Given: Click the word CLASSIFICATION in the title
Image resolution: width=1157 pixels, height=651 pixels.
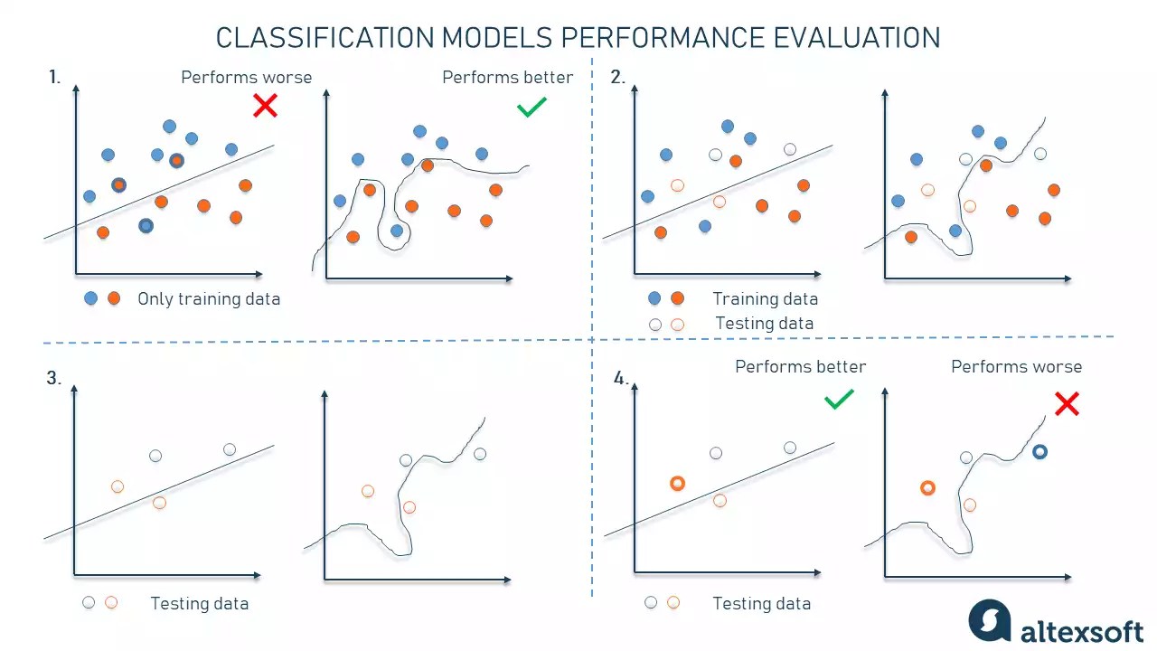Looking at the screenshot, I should pos(325,38).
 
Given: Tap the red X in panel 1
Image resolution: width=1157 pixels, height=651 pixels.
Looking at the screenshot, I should pos(265,107).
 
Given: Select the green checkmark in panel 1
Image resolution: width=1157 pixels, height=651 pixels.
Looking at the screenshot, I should pos(531,108).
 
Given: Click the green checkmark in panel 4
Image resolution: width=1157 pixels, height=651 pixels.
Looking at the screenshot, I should pos(839,399).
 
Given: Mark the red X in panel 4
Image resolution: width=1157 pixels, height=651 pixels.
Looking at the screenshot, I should pos(1067,403).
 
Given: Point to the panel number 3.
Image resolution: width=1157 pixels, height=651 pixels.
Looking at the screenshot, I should pos(54,379).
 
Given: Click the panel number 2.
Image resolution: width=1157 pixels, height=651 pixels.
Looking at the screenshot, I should pos(617,78).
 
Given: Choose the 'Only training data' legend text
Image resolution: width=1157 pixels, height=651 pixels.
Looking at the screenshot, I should pos(209,299).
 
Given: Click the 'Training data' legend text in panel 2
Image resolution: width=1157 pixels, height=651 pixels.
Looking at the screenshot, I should pos(765,299).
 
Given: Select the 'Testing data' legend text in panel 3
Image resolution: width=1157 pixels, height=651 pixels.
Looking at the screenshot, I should pos(199,604).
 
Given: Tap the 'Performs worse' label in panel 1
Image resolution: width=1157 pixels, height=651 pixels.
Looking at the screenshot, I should pos(246,78).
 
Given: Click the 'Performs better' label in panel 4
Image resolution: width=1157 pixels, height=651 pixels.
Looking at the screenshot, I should pos(800,367).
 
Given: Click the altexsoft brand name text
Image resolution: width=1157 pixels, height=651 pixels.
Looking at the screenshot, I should pos(1081,631).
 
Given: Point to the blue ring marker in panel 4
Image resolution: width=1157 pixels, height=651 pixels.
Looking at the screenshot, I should pos(1039,451).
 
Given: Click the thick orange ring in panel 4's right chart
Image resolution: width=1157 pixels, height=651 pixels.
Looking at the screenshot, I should pos(927,488).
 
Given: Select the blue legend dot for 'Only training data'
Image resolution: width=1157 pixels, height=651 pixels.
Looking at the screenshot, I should pos(90,298).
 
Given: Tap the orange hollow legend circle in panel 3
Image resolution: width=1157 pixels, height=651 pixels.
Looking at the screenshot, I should pos(111,602).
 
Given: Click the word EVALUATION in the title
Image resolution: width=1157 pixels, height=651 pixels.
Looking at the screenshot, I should pos(856,38).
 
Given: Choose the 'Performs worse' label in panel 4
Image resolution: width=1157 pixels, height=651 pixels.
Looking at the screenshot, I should pos(1016,367).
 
